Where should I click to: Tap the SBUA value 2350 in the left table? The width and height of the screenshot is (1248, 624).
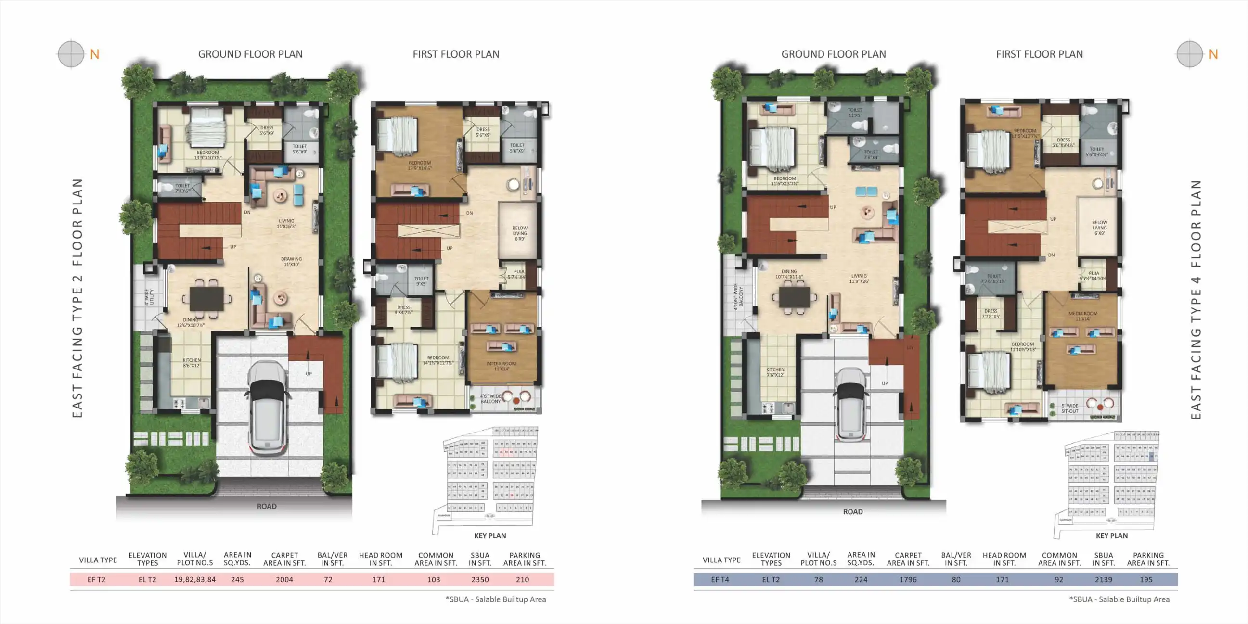pos(480,579)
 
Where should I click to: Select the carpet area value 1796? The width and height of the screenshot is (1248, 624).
pos(908,579)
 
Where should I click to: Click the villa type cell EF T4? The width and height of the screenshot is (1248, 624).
pos(720,579)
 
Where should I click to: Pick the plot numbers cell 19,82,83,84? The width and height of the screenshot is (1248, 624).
pos(195,579)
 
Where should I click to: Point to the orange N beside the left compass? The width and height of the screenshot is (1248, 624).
pos(94,54)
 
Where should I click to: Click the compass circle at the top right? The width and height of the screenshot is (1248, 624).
pos(1189,54)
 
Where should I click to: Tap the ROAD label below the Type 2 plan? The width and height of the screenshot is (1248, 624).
pos(267,506)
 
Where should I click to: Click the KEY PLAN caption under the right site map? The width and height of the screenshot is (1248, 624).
pos(1111,536)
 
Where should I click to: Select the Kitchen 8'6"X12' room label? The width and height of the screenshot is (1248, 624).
pos(192,363)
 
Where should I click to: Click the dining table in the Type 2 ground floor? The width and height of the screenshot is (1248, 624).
pos(207,298)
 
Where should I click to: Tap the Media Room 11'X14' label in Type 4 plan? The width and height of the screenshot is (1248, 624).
pos(1083,316)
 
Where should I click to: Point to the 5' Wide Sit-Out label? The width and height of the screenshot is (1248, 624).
pos(1070,408)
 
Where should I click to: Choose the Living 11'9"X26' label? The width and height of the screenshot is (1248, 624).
pos(859,279)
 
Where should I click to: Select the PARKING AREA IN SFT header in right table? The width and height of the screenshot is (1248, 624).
pos(1148,559)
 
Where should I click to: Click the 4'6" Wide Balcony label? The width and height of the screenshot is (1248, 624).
pos(490,399)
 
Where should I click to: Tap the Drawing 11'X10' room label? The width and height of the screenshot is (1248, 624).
pos(291,262)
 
